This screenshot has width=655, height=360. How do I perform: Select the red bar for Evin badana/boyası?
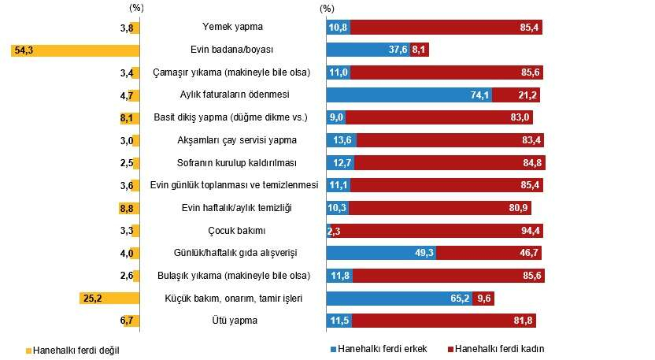(419, 50)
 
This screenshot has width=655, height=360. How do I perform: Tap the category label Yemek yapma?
(232, 28)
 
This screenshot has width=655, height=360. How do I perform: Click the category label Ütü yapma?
(232, 321)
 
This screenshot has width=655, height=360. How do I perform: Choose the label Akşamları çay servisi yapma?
(232, 140)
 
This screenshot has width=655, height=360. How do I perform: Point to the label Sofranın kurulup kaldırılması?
(232, 163)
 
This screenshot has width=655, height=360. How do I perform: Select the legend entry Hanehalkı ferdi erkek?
(375, 348)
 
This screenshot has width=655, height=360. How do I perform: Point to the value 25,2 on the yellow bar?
(94, 299)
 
